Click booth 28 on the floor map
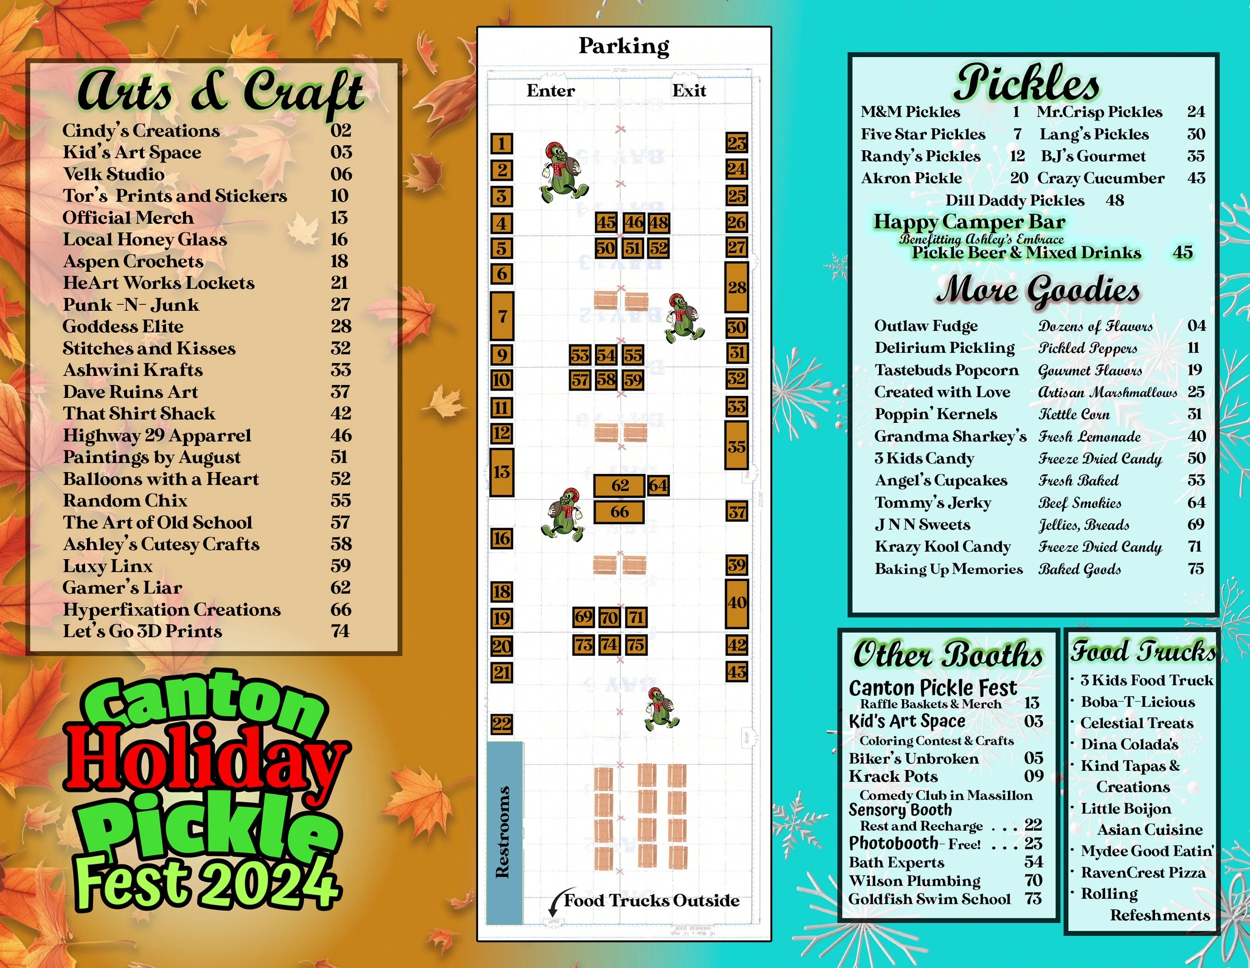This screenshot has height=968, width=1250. [x=736, y=287]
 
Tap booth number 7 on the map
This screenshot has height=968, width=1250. [x=502, y=316]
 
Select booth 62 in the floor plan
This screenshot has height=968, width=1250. [x=619, y=486]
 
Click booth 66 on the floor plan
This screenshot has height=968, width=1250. [x=618, y=512]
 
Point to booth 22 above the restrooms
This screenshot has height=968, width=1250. [x=501, y=724]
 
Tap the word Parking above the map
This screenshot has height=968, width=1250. [x=623, y=46]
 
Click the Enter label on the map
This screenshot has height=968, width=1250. [x=550, y=91]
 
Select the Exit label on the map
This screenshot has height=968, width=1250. [x=689, y=91]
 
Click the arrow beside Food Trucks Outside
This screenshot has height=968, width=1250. [x=554, y=903]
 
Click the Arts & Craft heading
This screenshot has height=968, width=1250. [x=220, y=91]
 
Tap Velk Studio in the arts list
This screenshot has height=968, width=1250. [x=114, y=174]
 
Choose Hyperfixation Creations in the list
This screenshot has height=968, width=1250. [x=171, y=610]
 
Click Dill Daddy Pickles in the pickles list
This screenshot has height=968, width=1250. [x=1015, y=201]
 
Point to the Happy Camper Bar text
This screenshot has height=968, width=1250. [x=969, y=222]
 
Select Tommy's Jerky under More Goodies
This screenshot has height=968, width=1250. [x=933, y=503]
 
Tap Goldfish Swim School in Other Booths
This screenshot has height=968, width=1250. [x=929, y=899]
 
